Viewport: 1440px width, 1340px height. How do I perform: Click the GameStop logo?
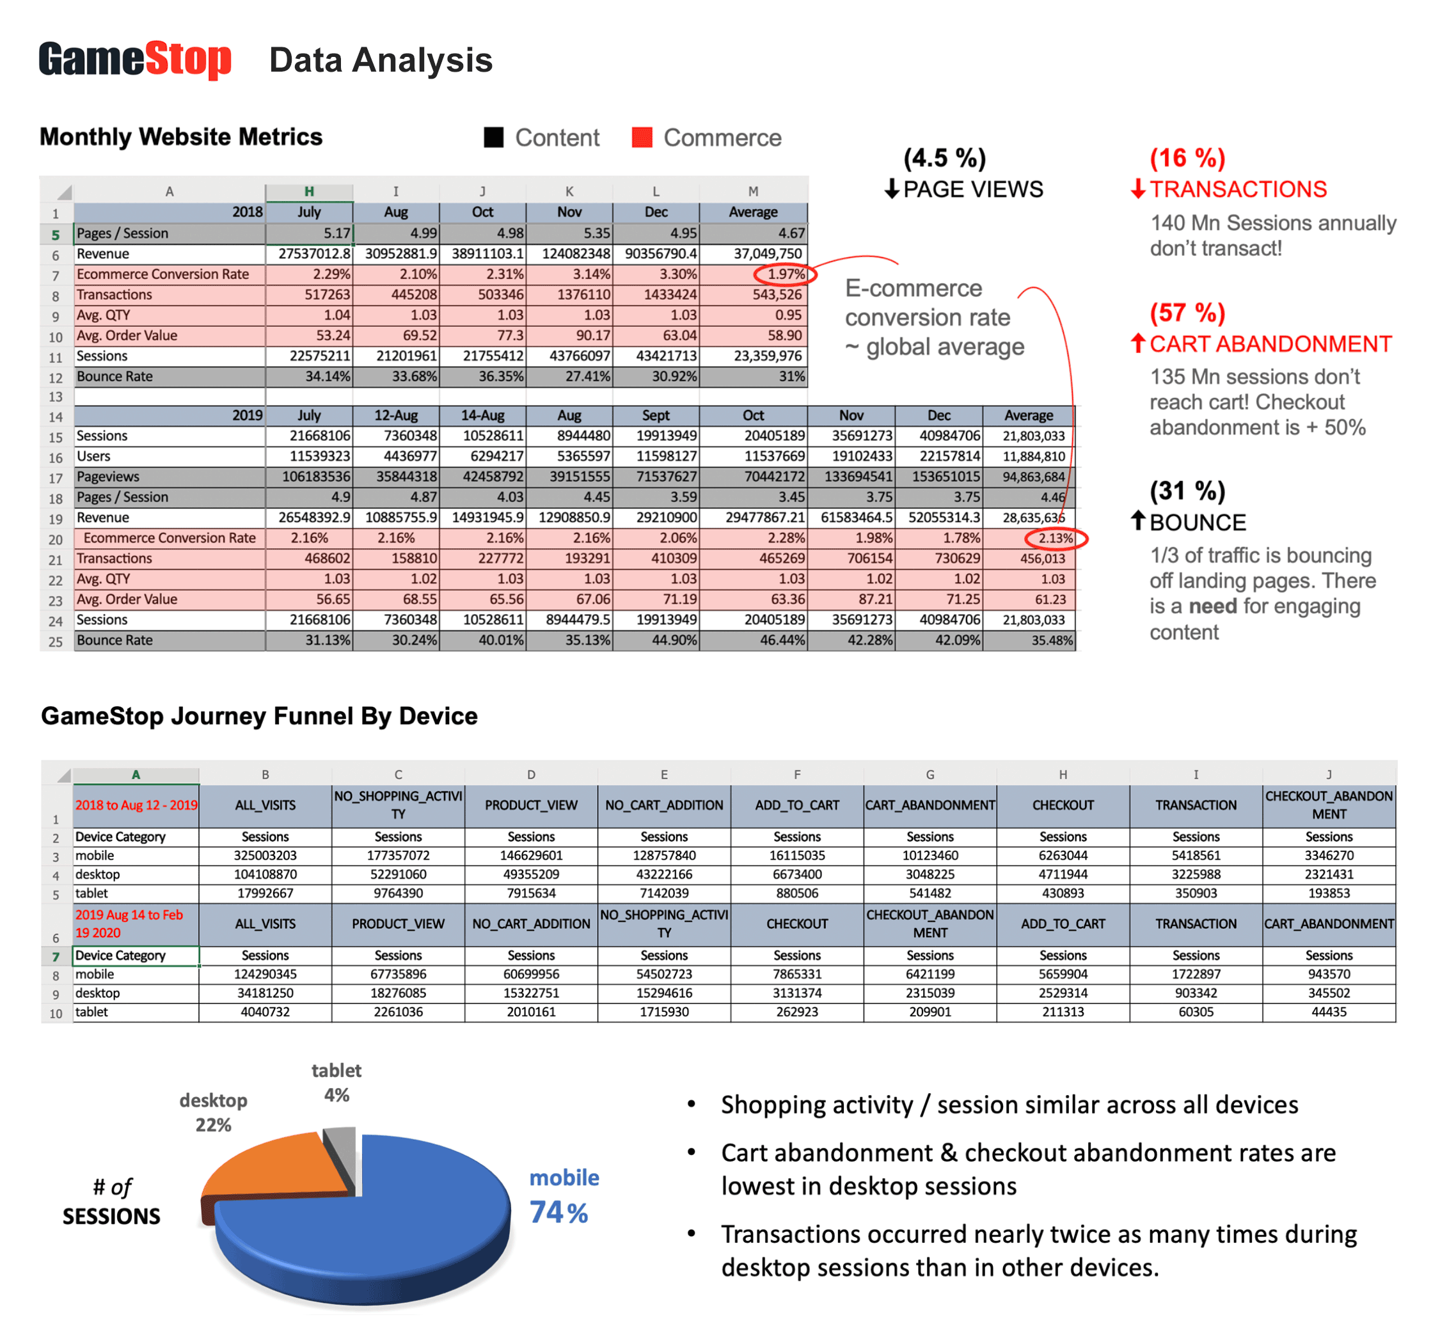[135, 59]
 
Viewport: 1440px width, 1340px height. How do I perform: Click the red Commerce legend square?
[642, 138]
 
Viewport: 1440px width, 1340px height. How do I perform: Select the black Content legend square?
[493, 138]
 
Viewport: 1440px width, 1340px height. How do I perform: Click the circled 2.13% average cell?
[1056, 538]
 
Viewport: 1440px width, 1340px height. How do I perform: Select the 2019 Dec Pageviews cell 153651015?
[940, 477]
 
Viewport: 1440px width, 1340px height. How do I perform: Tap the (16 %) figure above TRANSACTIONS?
[1187, 158]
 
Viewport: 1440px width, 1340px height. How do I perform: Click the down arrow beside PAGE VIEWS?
[892, 189]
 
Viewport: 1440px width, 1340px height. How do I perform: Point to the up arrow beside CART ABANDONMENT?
[1138, 343]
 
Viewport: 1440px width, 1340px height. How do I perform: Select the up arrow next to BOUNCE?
[1138, 521]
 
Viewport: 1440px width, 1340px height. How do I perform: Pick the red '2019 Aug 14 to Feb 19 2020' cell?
[131, 924]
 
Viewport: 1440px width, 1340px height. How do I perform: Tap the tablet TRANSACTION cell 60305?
[1195, 1012]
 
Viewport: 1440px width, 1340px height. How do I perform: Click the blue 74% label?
[558, 1213]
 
